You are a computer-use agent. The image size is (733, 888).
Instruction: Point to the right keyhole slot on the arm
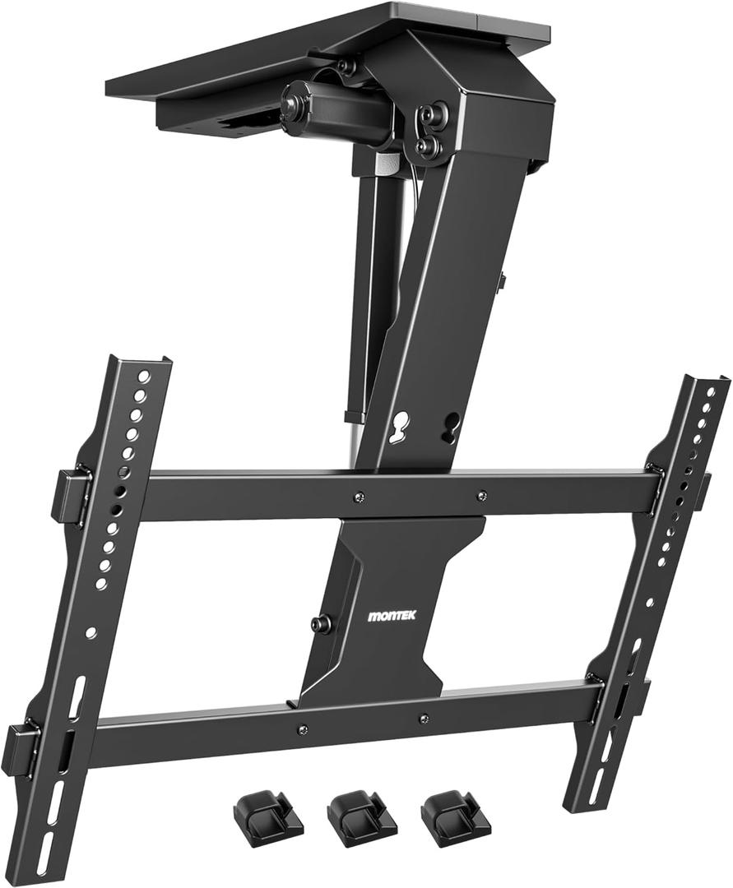click(x=450, y=424)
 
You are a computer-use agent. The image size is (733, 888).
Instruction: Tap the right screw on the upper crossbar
click(x=481, y=495)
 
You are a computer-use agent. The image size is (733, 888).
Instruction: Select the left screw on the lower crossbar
click(x=303, y=729)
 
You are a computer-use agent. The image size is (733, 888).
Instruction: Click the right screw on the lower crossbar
click(x=423, y=719)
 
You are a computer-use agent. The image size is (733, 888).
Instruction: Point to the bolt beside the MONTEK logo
click(x=321, y=624)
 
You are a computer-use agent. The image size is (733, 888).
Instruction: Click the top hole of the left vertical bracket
click(x=143, y=377)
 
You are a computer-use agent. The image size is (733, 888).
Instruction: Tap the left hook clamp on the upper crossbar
click(x=71, y=496)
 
